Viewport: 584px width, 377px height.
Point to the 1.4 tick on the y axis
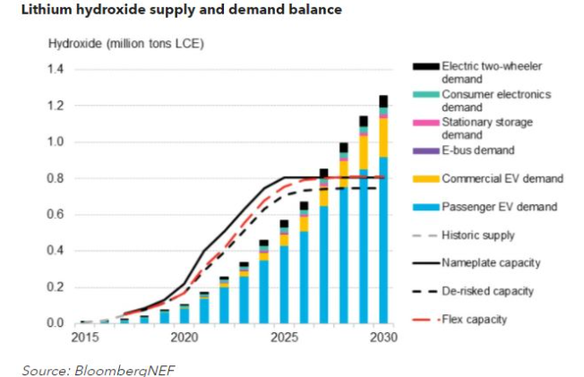[x=57, y=70]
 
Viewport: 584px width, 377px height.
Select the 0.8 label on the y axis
[x=57, y=178]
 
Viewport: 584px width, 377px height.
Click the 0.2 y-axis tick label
[x=57, y=287]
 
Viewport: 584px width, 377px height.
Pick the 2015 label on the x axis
[x=85, y=339]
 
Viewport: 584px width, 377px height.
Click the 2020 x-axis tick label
[x=185, y=339]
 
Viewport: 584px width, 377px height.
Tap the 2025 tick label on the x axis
[x=284, y=339]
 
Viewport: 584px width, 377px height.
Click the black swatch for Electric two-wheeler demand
[x=425, y=65]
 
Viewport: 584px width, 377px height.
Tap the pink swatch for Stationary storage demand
[x=425, y=123]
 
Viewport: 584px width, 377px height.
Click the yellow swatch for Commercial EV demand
[x=425, y=179]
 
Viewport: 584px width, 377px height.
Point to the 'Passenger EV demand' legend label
[x=498, y=207]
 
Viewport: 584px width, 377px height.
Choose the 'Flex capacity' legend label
[x=477, y=318]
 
